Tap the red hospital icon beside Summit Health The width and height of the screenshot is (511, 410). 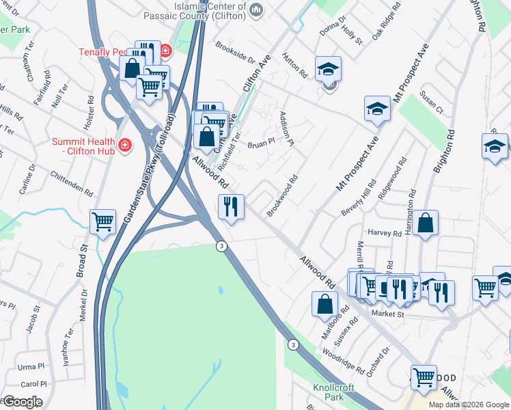pos(124,145)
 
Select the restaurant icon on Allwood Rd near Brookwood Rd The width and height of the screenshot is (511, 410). pos(231,206)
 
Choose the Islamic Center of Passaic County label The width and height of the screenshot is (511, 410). pos(208,10)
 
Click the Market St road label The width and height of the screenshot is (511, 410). pos(387,314)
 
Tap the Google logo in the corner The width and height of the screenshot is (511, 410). pos(22,402)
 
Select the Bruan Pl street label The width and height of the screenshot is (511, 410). pos(260,144)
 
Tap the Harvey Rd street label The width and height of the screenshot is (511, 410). pos(385,233)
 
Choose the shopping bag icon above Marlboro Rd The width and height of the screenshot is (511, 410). pos(324,303)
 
